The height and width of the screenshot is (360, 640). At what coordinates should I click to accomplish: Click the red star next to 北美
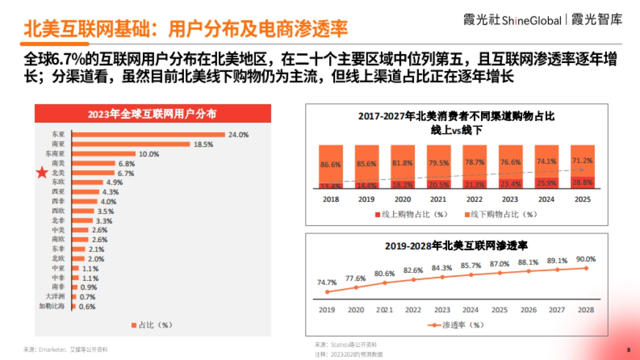pyautogui.click(x=42, y=173)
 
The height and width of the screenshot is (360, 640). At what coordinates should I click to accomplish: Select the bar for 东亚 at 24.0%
pyautogui.click(x=148, y=135)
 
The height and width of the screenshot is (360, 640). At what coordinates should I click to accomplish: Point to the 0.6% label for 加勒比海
pyautogui.click(x=87, y=307)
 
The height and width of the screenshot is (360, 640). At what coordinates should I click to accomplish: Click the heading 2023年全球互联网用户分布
pyautogui.click(x=153, y=114)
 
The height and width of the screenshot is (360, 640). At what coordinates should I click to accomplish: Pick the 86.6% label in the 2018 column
pyautogui.click(x=331, y=165)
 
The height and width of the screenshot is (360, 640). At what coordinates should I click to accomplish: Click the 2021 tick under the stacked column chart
pyautogui.click(x=438, y=199)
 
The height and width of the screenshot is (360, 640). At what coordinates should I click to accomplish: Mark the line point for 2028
pyautogui.click(x=587, y=268)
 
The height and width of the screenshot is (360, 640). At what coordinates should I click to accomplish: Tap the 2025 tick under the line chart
pyautogui.click(x=499, y=310)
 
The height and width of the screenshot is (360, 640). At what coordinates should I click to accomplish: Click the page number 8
pyautogui.click(x=628, y=350)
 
